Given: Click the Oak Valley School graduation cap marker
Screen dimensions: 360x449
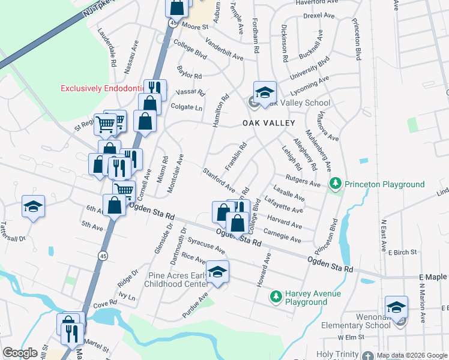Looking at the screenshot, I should coord(264,92).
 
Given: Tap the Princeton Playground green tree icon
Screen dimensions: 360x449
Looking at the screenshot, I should coord(336,184).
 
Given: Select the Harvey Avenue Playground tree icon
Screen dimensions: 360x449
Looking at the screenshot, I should coord(276,296).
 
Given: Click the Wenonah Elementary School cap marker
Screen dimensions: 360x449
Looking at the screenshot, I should coord(397,308).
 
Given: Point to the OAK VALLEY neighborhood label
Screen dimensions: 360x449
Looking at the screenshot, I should coord(269,123).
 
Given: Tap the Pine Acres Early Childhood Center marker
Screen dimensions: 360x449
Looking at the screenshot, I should coord(218,272).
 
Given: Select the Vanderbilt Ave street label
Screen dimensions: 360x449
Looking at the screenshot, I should coord(224,49).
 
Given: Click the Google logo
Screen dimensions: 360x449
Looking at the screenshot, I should coord(20,353).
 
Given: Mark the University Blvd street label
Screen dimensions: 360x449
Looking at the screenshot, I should coord(311,68).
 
